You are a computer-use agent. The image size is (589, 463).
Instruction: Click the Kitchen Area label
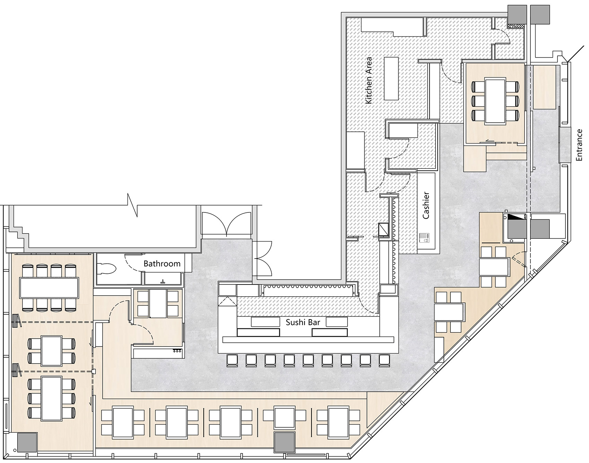(369, 80)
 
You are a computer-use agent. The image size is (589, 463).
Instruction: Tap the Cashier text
(426, 205)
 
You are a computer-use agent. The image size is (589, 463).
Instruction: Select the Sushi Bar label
(303, 322)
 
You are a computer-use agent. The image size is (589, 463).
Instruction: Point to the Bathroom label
(162, 263)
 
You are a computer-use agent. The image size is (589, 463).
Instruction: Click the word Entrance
(579, 145)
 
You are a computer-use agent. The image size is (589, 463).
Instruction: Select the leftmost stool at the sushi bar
(232, 360)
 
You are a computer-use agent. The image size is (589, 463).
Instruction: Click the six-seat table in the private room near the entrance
(495, 101)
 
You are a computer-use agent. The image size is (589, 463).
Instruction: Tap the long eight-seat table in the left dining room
(50, 287)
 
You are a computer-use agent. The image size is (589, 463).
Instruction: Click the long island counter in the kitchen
(391, 78)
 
